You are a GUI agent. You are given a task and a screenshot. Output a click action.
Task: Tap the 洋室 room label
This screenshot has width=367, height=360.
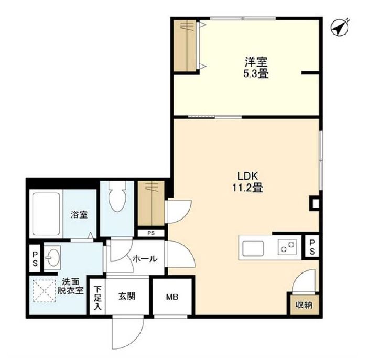[x=256, y=62]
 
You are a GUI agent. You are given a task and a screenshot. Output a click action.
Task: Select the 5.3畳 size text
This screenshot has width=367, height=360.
[x=256, y=74]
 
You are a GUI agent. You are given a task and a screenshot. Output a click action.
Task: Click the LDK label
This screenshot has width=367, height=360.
[x=247, y=176]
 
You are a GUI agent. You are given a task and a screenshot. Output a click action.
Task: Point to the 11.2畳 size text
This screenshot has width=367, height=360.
[x=247, y=188]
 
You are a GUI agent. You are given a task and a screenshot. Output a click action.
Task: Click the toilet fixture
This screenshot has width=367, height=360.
[x=117, y=196]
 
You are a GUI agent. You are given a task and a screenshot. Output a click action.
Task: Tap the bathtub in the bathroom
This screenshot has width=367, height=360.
[x=46, y=214]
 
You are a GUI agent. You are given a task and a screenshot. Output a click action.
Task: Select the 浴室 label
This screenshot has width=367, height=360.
[x=79, y=214]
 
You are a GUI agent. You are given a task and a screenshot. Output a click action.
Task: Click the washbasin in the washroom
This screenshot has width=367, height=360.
[x=52, y=257]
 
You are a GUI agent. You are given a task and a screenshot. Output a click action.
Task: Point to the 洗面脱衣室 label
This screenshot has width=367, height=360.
[x=70, y=286]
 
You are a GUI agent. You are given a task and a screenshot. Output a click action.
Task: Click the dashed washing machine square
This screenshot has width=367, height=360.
[x=45, y=291]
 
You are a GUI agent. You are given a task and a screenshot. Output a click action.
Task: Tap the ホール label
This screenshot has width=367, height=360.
[x=145, y=259]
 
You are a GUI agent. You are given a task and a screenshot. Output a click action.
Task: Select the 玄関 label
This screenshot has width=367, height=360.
[x=127, y=297]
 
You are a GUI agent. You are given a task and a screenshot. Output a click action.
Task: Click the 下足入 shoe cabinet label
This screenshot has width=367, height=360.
[x=98, y=298]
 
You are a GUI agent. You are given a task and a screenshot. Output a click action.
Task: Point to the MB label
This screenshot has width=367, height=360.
[x=172, y=297]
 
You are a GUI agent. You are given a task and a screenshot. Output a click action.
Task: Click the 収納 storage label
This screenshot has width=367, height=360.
[x=304, y=305]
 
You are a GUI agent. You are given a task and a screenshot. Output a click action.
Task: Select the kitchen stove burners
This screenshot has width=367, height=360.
[x=287, y=247]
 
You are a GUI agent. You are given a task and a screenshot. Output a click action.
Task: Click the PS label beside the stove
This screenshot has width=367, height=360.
[x=312, y=247]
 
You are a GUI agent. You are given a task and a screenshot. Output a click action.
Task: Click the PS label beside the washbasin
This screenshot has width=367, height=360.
[x=35, y=259]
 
